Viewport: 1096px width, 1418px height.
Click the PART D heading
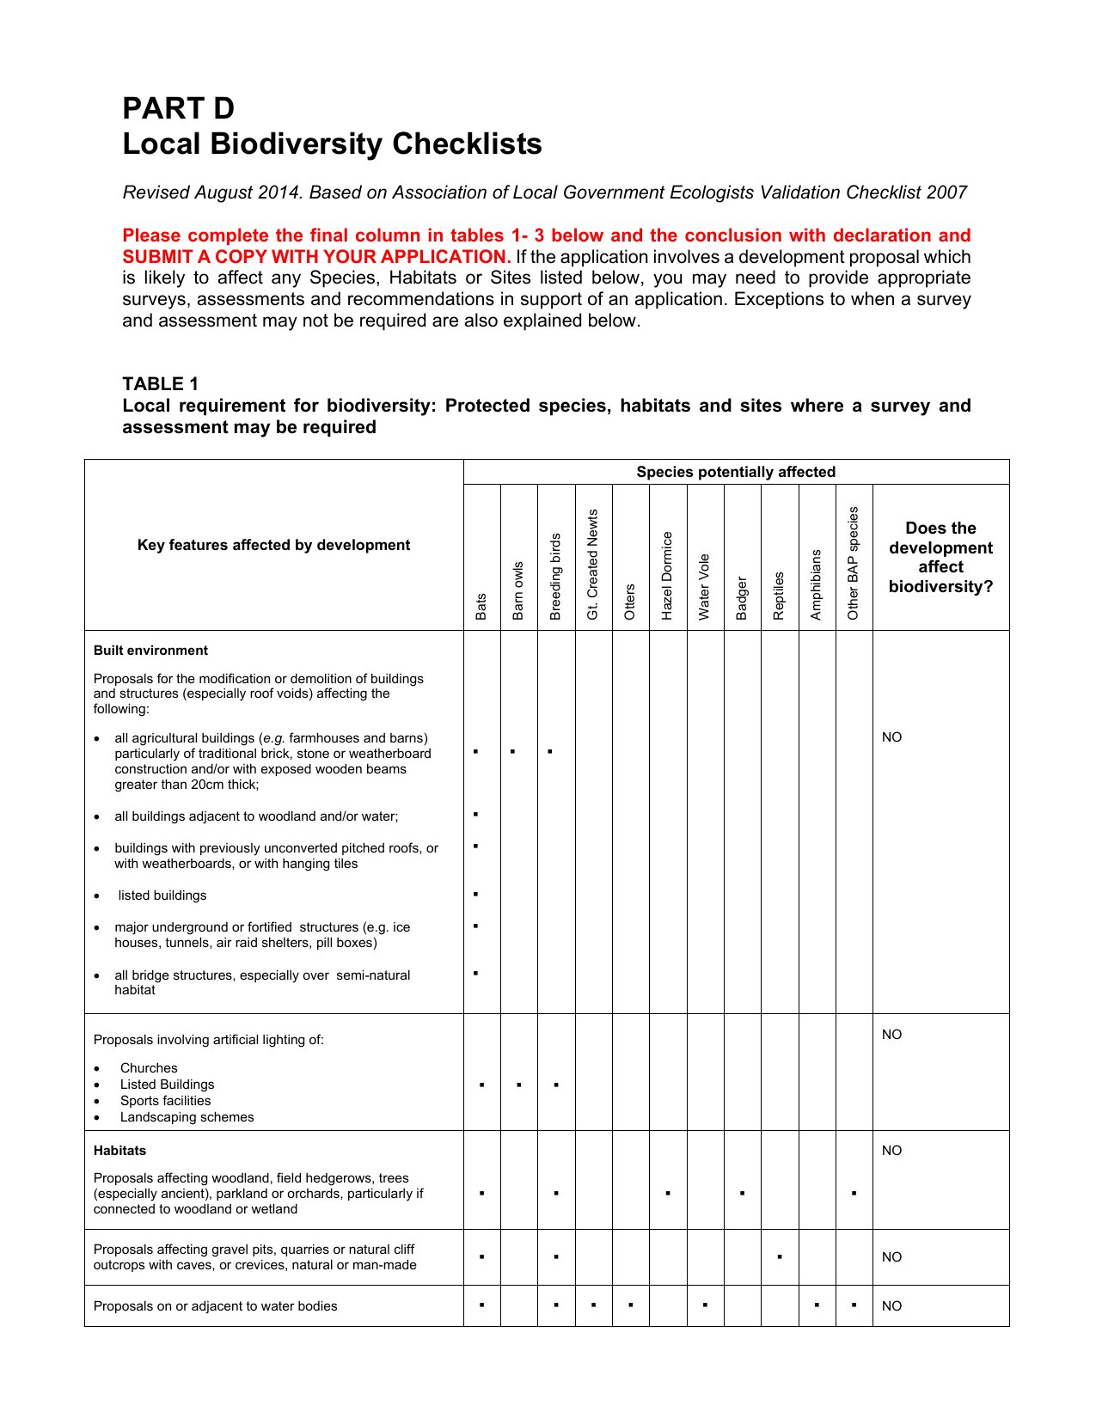pyautogui.click(x=178, y=108)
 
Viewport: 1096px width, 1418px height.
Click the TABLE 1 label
pyautogui.click(x=160, y=384)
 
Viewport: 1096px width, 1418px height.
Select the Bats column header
pyautogui.click(x=481, y=606)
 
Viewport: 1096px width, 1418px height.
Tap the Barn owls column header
pyautogui.click(x=518, y=591)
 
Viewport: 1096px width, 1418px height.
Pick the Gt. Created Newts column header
pyautogui.click(x=592, y=565)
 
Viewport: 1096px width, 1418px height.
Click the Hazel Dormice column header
pyautogui.click(x=667, y=576)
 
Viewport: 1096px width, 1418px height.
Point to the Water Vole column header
pyautogui.click(x=704, y=587)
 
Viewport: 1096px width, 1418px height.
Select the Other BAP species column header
pyautogui.click(x=854, y=563)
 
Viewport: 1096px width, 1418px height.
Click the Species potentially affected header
pyautogui.click(x=736, y=472)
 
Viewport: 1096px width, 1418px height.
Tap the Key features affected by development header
pyautogui.click(x=273, y=545)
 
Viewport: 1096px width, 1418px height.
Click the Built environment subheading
pyautogui.click(x=150, y=651)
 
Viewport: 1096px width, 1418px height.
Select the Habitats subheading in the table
pyautogui.click(x=119, y=1151)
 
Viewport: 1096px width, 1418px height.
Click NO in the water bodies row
pyautogui.click(x=892, y=1306)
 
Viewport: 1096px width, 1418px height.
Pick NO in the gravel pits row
pyautogui.click(x=892, y=1257)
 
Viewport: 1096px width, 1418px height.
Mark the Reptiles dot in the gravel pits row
pyautogui.click(x=779, y=1257)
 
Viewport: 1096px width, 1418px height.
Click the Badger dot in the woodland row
pyautogui.click(x=742, y=1194)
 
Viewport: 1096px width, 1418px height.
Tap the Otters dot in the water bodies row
pyautogui.click(x=630, y=1306)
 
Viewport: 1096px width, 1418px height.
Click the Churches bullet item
pyautogui.click(x=149, y=1068)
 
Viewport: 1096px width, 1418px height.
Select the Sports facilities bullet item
pyautogui.click(x=165, y=1101)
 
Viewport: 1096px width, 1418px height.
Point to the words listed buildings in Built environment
pyautogui.click(x=162, y=895)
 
